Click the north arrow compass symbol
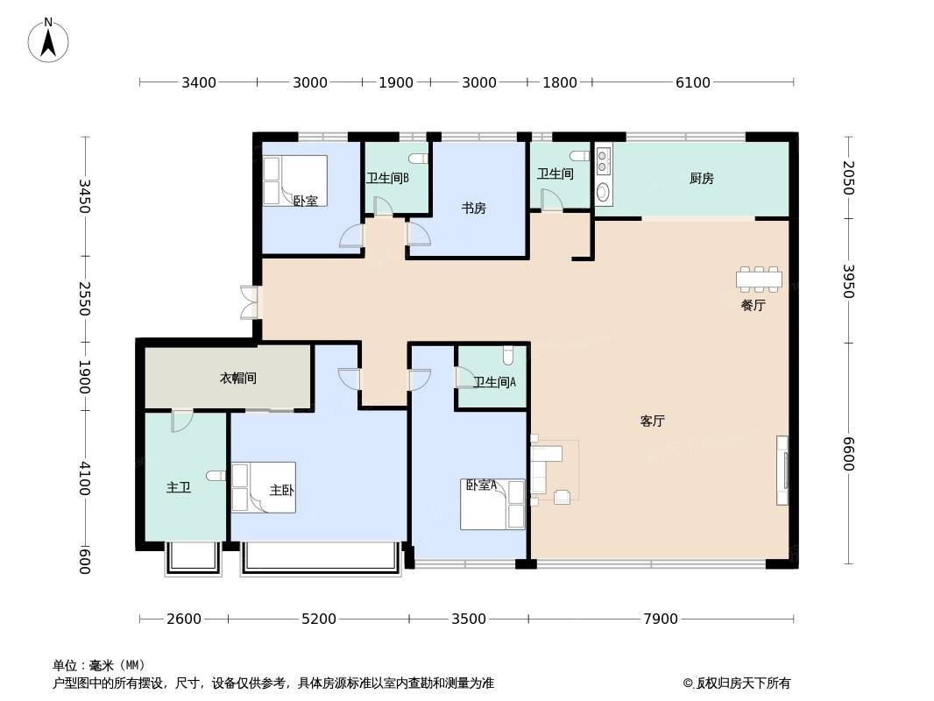[x=48, y=40]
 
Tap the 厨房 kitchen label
[x=701, y=178]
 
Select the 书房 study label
[x=473, y=208]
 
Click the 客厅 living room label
[x=652, y=421]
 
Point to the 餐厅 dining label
[x=753, y=306]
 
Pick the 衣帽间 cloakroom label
[x=238, y=379]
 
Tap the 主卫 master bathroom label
[x=178, y=488]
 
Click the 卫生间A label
[x=494, y=382]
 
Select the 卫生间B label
[x=387, y=178]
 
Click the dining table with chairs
[x=759, y=279]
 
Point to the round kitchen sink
[x=603, y=193]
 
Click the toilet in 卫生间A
[x=508, y=356]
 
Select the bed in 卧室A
[x=492, y=505]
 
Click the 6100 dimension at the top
[x=693, y=82]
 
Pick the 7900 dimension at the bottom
[x=661, y=619]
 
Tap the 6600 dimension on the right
[x=848, y=454]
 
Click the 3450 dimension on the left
[x=85, y=196]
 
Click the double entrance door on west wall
[x=249, y=302]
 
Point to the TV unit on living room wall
[x=782, y=471]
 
